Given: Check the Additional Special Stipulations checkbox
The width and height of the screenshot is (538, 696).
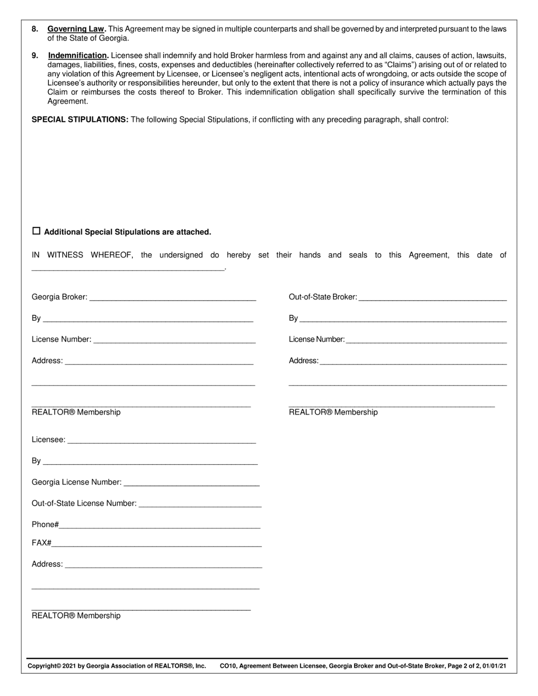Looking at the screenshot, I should coord(37,231).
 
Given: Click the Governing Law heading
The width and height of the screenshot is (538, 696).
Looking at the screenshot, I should coord(76,29).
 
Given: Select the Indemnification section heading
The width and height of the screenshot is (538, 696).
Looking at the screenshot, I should coord(77,55).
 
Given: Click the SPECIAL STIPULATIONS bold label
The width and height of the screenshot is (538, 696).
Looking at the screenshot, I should coord(80,119).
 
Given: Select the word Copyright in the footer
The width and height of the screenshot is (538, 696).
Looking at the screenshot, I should coord(42,666).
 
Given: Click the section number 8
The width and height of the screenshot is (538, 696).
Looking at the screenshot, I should coord(34,29).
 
